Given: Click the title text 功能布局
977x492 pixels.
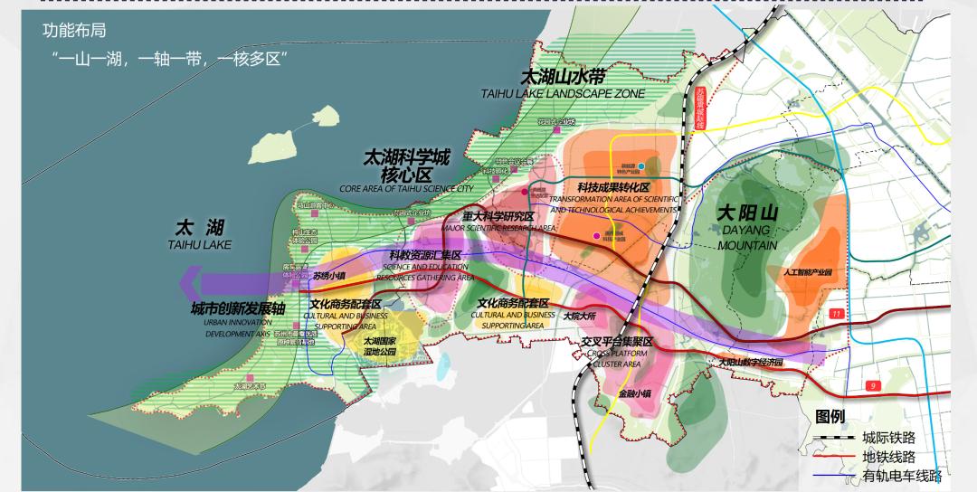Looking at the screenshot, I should coord(74,31).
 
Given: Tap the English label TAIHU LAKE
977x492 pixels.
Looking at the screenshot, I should coord(199,244).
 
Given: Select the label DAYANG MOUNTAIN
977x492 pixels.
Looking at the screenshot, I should coord(747,237).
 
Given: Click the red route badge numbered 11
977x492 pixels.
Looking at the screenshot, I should coord(835,313).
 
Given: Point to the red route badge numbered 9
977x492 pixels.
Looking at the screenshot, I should coord(873,386).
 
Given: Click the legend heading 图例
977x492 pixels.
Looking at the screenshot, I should coord(830,417).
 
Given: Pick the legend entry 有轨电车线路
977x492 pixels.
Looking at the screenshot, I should coord(901,476).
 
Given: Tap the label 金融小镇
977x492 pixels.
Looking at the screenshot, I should coord(638,393).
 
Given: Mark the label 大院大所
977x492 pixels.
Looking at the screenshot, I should coord(579,317).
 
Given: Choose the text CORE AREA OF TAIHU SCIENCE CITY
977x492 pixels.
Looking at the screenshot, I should coord(406,188).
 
